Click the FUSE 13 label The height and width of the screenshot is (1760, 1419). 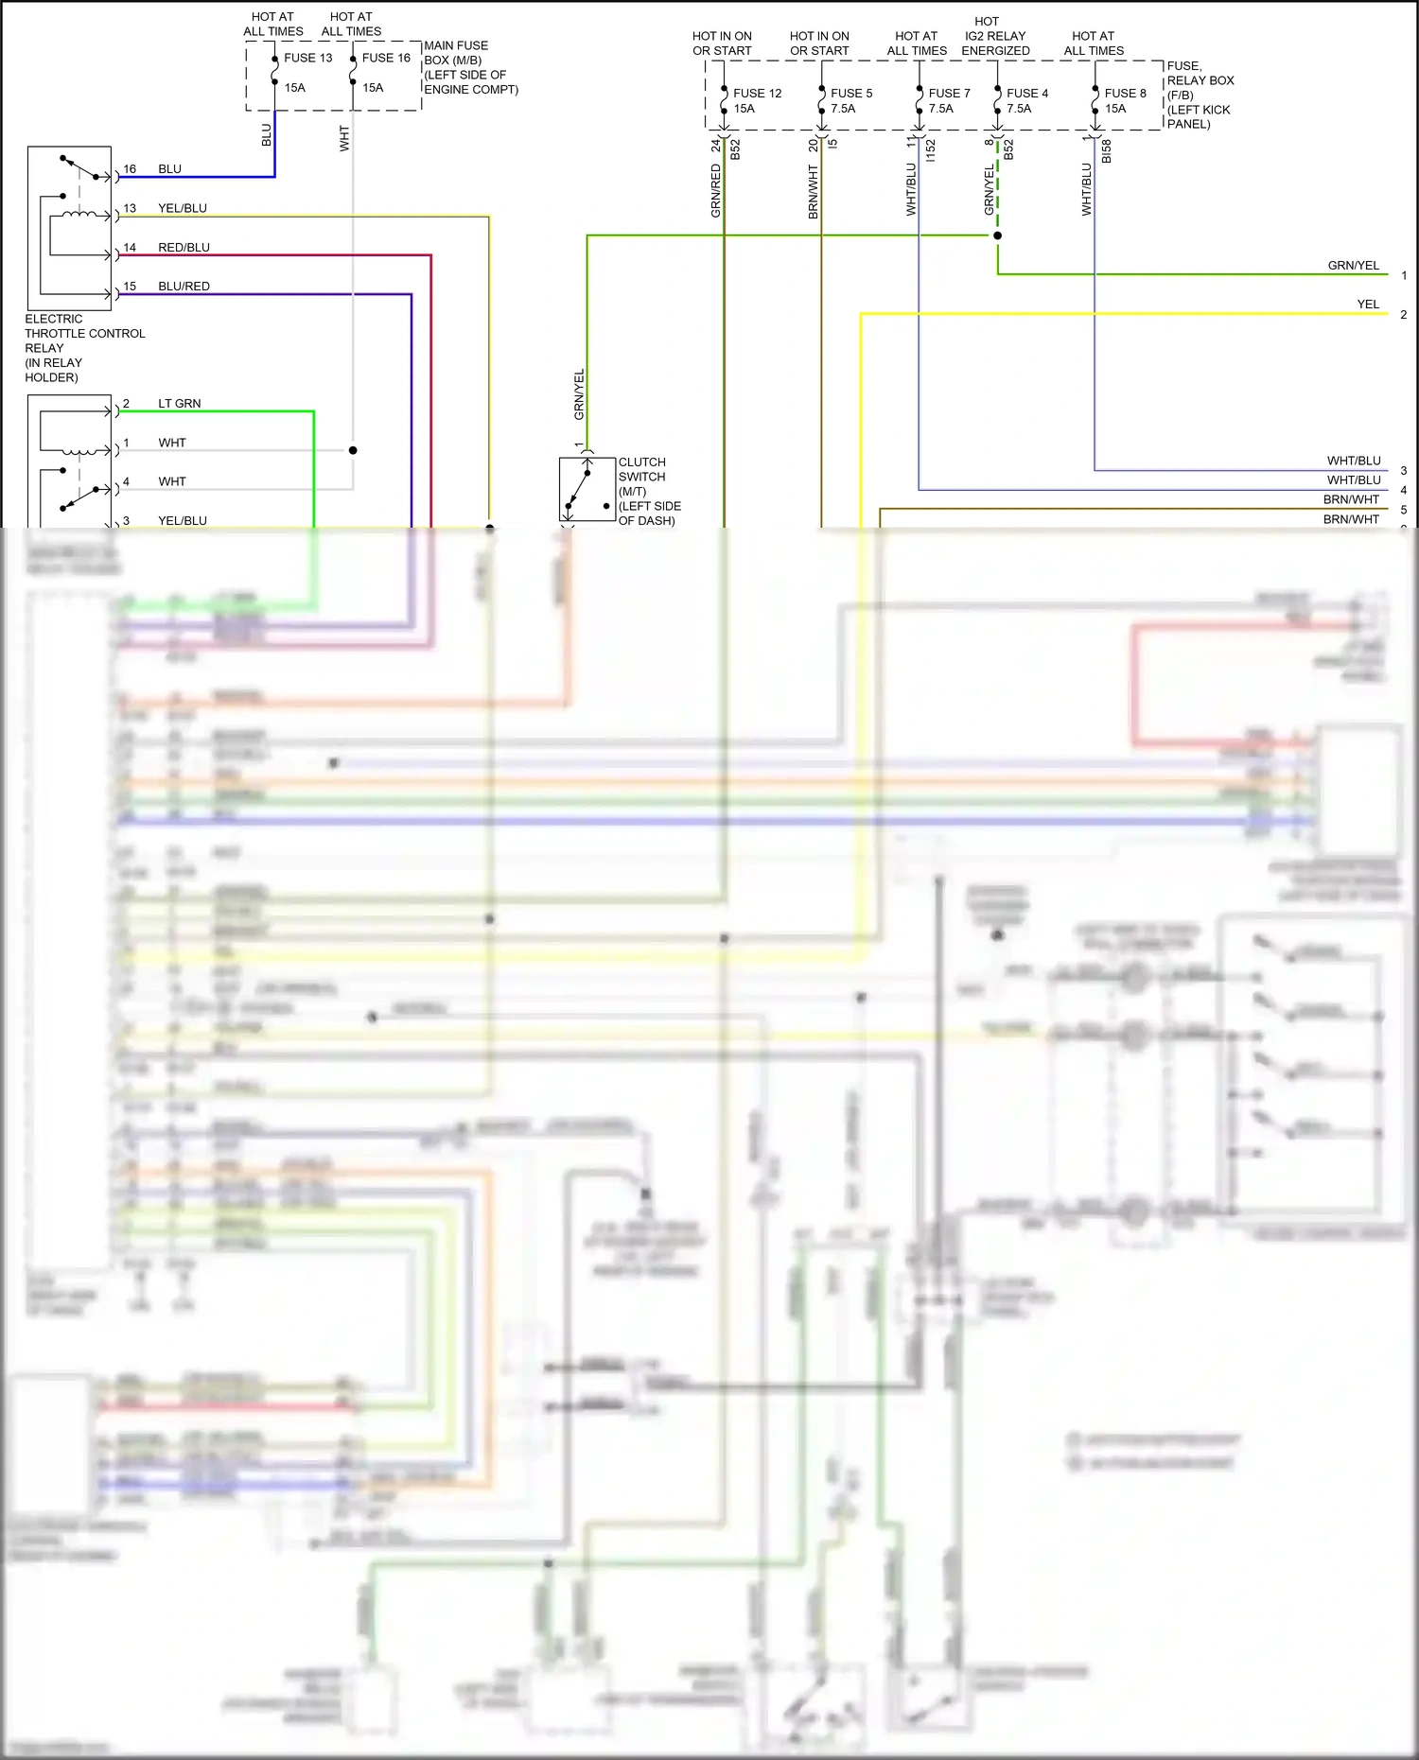click(307, 58)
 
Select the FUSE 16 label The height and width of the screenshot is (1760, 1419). click(386, 58)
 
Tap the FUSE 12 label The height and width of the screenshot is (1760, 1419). click(757, 94)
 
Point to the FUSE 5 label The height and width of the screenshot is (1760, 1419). click(851, 94)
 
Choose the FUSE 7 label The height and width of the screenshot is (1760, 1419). click(949, 94)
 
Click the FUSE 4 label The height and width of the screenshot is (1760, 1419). click(1027, 94)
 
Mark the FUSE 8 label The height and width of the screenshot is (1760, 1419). click(1125, 94)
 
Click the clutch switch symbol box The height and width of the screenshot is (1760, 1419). click(587, 489)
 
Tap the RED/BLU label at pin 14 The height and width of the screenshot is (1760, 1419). click(184, 248)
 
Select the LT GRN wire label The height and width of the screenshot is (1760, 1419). click(179, 404)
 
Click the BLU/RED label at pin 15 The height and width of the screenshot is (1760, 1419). click(184, 287)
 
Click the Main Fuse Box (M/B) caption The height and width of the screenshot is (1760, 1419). click(470, 67)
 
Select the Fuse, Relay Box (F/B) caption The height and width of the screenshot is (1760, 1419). click(1200, 95)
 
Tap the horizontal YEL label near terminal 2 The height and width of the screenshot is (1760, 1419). click(1368, 305)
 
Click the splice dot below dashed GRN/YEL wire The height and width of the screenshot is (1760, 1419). click(997, 235)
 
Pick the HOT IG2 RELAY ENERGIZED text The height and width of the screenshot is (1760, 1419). click(994, 36)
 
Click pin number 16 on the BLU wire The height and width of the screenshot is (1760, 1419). click(130, 169)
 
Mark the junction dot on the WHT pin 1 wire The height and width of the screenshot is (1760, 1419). click(353, 450)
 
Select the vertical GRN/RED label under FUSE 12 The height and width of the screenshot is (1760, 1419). click(715, 191)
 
